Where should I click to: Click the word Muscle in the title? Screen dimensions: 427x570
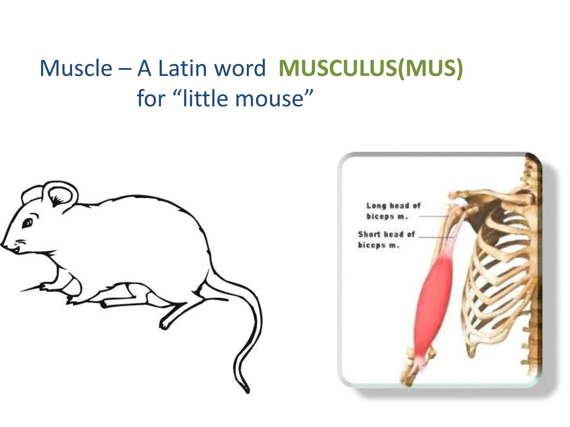click(x=76, y=68)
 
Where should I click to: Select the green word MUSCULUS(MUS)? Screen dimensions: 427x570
click(x=370, y=68)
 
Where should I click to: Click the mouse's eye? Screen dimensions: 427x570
click(x=28, y=223)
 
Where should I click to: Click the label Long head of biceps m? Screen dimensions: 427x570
click(x=392, y=211)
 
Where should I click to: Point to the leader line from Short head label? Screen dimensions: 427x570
click(x=436, y=238)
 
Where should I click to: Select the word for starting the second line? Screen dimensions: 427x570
click(x=151, y=99)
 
